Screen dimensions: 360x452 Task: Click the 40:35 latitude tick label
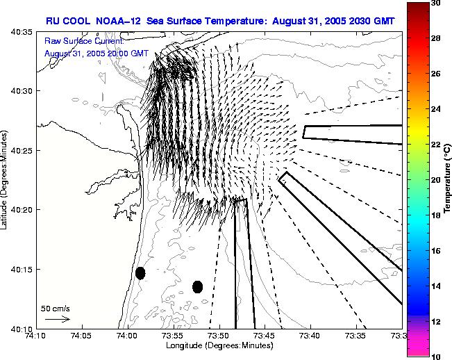(x=20, y=32)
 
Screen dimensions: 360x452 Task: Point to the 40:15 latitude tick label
(x=20, y=269)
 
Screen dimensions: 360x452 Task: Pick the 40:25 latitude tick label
(x=20, y=151)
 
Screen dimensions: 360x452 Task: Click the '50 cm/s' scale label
(x=56, y=308)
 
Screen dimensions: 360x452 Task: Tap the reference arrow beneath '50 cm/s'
(x=58, y=319)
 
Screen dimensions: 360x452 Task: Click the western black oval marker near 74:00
(x=140, y=273)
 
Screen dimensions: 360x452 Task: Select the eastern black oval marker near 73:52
(x=198, y=286)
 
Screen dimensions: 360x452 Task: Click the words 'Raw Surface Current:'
(x=83, y=41)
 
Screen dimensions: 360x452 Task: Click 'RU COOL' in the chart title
(x=67, y=21)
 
